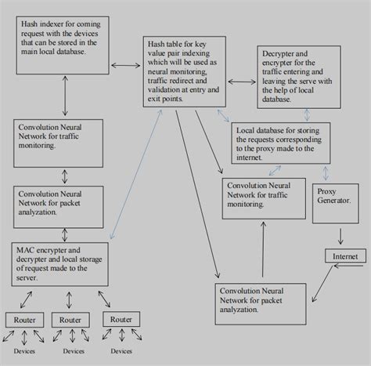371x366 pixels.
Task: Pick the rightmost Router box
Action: (121, 320)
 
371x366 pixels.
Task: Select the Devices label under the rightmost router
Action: (121, 352)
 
